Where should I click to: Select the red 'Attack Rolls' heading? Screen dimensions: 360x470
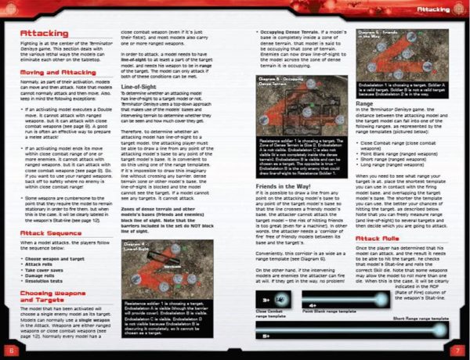pos(379,238)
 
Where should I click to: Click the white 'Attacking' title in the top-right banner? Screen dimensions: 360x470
pos(432,9)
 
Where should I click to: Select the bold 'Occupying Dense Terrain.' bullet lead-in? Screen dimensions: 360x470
pos(291,32)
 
